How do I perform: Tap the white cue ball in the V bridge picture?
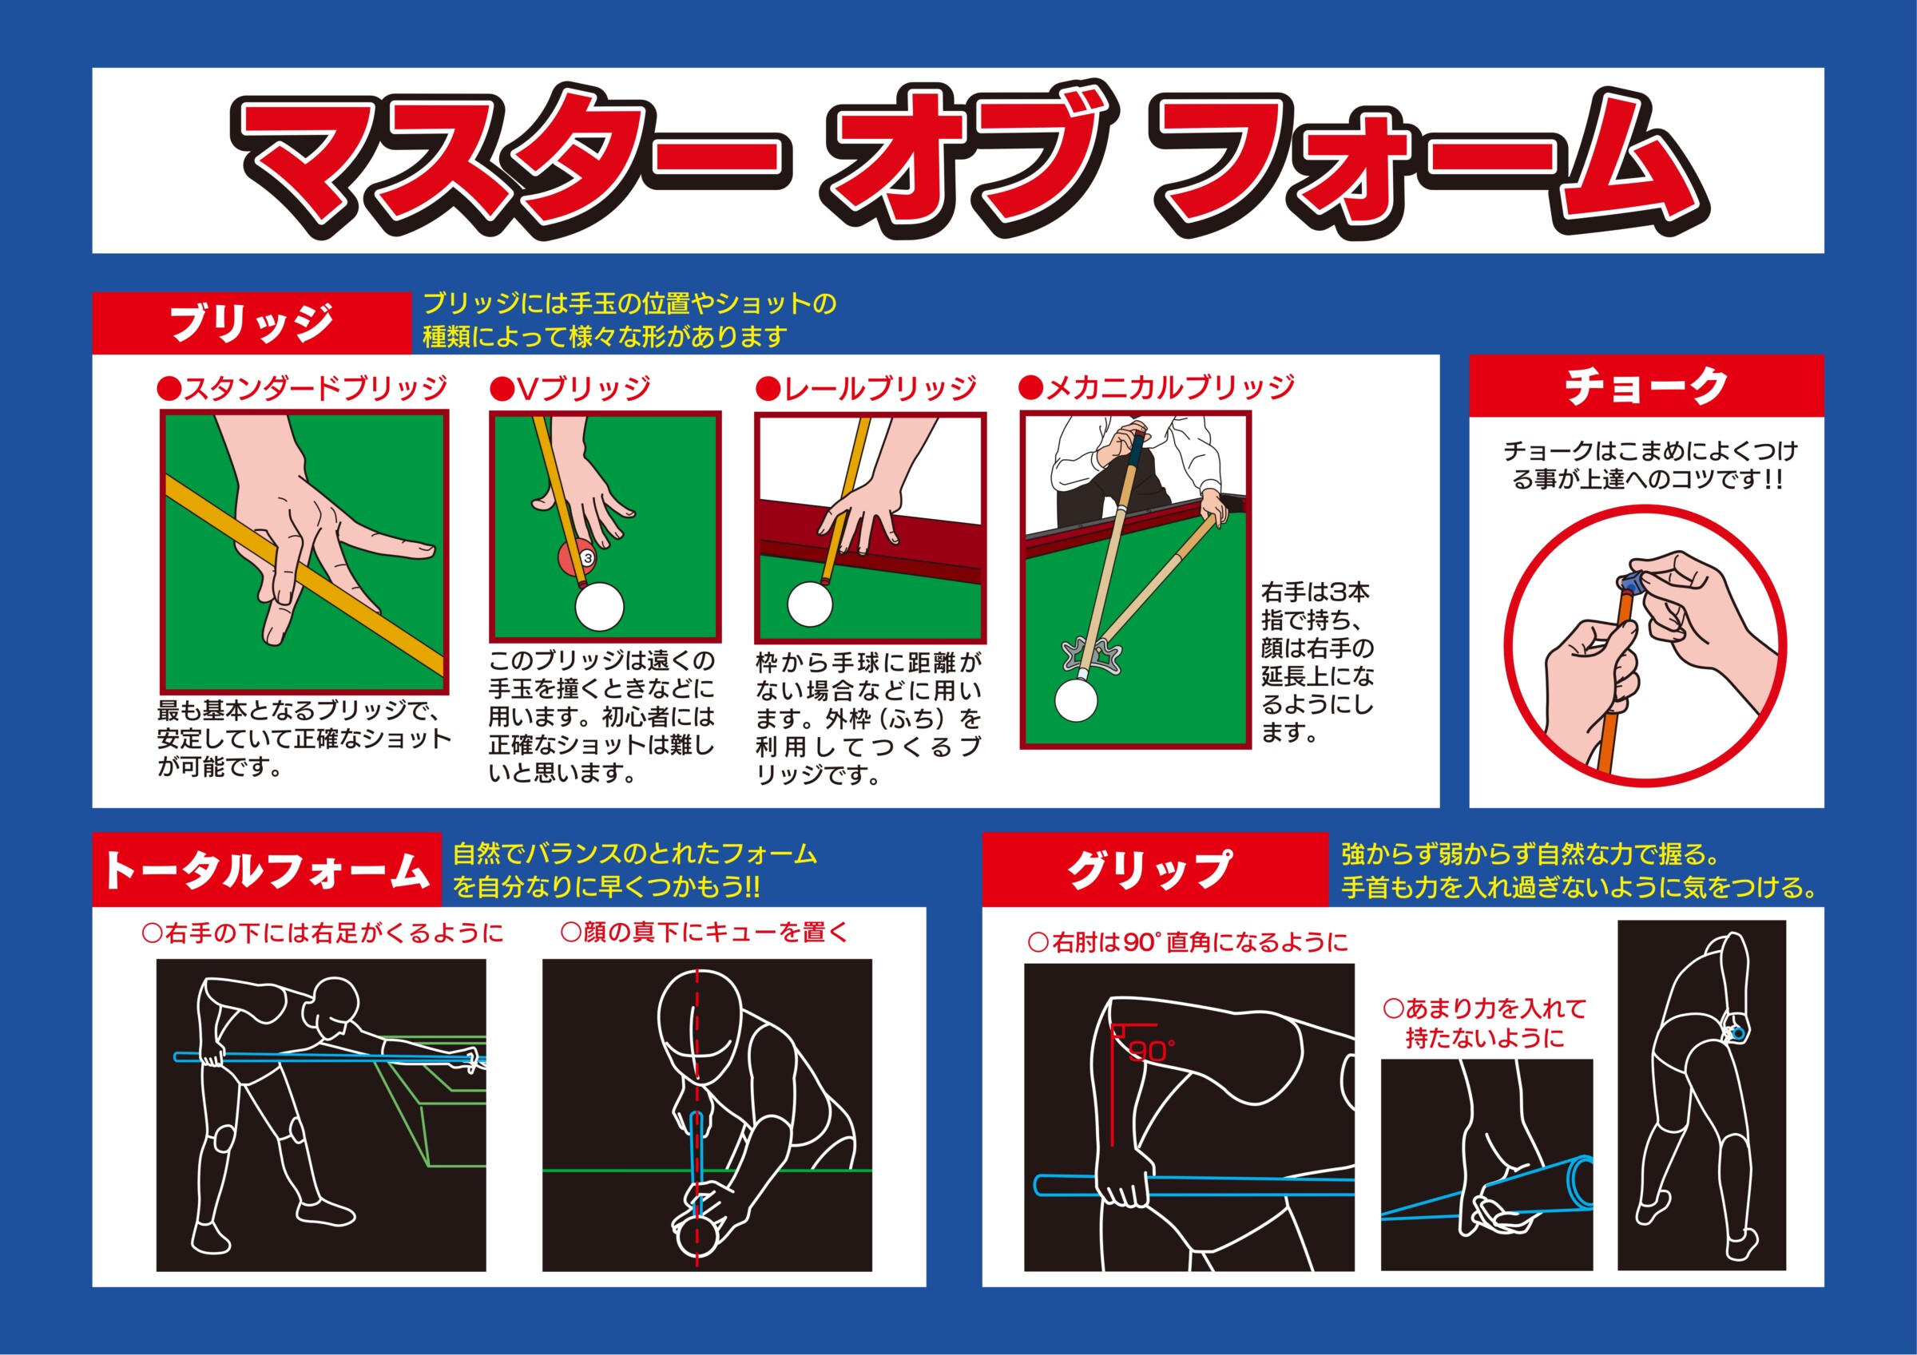(x=600, y=605)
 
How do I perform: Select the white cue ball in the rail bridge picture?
(x=810, y=604)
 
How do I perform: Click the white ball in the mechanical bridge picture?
(x=1076, y=699)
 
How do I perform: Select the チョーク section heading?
(x=1646, y=386)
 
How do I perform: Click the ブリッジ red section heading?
(x=252, y=323)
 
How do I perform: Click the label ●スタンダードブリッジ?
(x=301, y=388)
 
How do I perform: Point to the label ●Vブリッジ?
(x=570, y=388)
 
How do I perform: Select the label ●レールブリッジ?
(x=866, y=388)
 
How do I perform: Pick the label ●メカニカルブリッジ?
(x=1157, y=387)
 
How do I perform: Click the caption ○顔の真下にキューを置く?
(x=704, y=933)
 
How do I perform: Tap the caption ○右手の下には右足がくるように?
(x=323, y=933)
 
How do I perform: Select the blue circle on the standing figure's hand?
(x=1738, y=1033)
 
